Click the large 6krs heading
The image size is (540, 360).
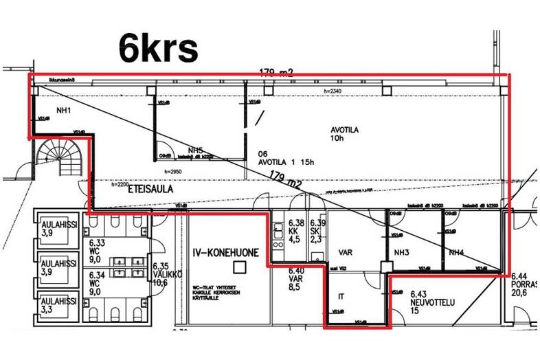point(159,47)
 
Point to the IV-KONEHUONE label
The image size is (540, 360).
point(225,253)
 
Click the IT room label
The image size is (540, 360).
point(341,297)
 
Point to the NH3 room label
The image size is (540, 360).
point(401,253)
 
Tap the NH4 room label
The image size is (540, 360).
point(456,253)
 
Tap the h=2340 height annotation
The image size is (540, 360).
point(333,91)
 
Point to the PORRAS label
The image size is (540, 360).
point(524,283)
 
